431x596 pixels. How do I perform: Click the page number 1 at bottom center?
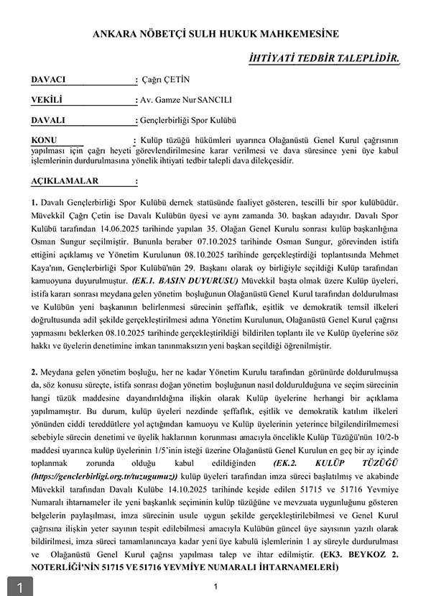coord(215,587)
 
